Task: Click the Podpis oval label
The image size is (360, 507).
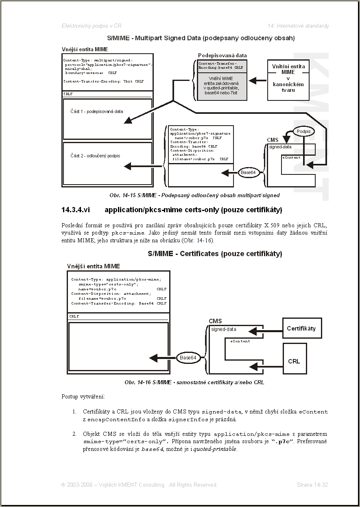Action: (x=303, y=131)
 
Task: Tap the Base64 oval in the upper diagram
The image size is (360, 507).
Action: (x=248, y=172)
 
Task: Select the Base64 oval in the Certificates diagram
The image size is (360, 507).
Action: (x=188, y=358)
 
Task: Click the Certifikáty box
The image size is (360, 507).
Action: (x=301, y=329)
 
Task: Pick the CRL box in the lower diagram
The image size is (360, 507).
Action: (x=294, y=361)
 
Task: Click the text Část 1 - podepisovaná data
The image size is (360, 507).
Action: (x=96, y=111)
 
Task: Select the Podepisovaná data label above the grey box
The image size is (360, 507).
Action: (x=222, y=55)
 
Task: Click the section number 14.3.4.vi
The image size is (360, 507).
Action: (x=75, y=210)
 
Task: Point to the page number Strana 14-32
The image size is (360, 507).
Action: (x=312, y=485)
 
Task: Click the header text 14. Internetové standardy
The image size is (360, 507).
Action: (x=298, y=26)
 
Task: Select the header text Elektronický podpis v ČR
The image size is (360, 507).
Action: (x=91, y=26)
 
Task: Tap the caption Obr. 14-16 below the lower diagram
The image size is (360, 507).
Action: (x=194, y=383)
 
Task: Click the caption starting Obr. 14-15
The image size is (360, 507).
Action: (x=194, y=195)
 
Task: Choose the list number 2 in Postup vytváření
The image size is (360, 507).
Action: (x=74, y=434)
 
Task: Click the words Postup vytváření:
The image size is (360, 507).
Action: (x=83, y=396)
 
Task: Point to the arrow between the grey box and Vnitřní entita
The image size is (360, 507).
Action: (x=257, y=81)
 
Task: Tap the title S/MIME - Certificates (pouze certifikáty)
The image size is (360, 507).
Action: (x=215, y=254)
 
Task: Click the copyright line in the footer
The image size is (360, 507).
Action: (x=139, y=485)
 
